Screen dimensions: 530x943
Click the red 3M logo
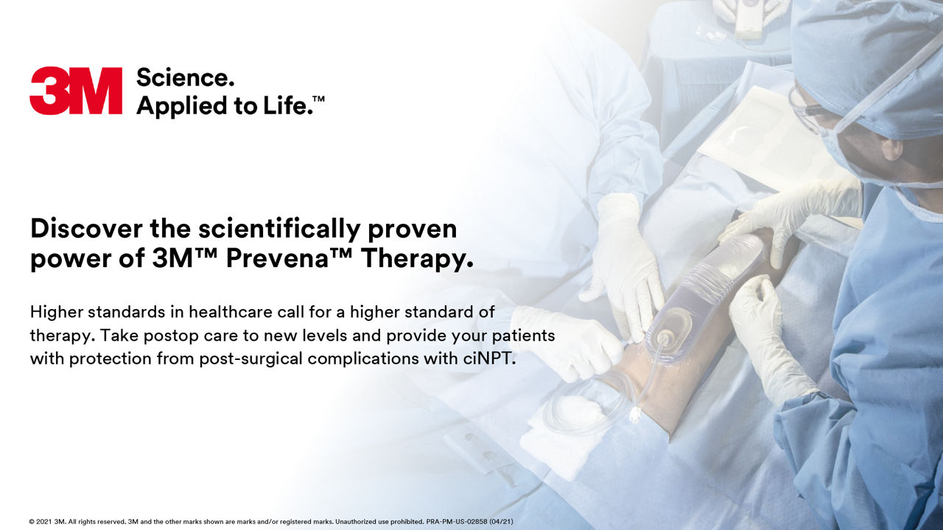(76, 91)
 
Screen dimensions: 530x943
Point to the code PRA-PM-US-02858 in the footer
(456, 522)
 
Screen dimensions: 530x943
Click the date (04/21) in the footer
(501, 522)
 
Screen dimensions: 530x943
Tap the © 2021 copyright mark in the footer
(41, 522)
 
